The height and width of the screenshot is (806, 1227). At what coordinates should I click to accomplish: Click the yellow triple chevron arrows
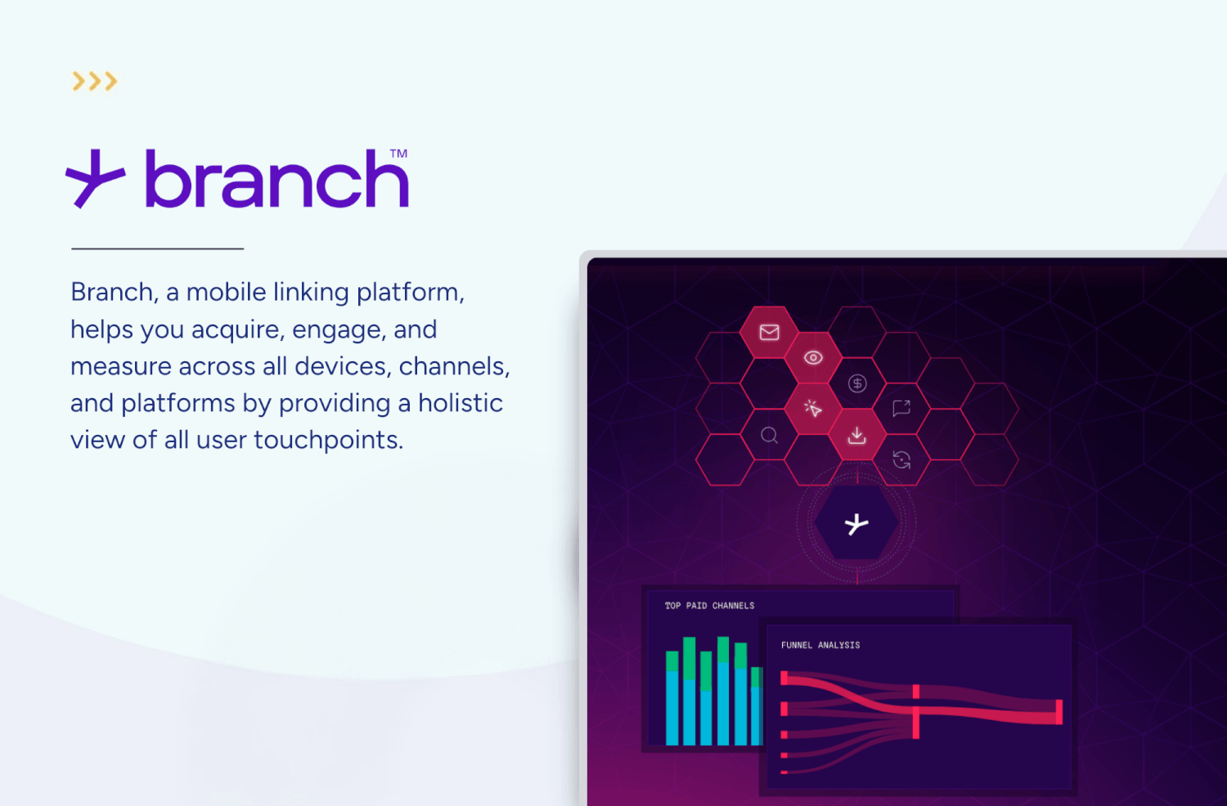[x=95, y=81]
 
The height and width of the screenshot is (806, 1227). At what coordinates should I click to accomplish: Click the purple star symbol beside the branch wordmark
[x=95, y=178]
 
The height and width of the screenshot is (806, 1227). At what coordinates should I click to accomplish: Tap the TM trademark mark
[x=398, y=154]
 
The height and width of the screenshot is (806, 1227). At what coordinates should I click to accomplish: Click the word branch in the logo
[x=276, y=180]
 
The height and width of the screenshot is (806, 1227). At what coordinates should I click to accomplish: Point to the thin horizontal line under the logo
[x=157, y=249]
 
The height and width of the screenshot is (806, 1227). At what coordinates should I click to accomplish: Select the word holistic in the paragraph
[x=461, y=403]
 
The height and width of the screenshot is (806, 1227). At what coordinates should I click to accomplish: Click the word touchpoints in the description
[x=328, y=440]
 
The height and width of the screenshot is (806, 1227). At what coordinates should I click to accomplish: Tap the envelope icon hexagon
[x=769, y=332]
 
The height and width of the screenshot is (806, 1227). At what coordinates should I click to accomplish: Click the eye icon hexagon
[x=813, y=358]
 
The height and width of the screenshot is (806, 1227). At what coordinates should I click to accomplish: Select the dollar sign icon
[x=857, y=383]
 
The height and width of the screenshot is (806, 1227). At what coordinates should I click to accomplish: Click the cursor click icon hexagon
[x=813, y=409]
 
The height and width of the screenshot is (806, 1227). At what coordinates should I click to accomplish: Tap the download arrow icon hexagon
[x=856, y=435]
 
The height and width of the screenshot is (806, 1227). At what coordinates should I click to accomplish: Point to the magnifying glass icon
[x=769, y=435]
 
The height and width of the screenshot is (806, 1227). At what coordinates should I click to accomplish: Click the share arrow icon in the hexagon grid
[x=901, y=408]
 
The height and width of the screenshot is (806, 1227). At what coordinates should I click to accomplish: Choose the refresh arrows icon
[x=901, y=460]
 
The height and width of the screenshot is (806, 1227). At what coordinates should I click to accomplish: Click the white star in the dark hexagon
[x=856, y=524]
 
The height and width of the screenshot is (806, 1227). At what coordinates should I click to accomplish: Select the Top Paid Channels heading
[x=709, y=606]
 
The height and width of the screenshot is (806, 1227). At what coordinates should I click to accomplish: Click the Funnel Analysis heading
[x=820, y=645]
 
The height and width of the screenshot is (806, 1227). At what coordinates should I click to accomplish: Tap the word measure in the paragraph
[x=120, y=366]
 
